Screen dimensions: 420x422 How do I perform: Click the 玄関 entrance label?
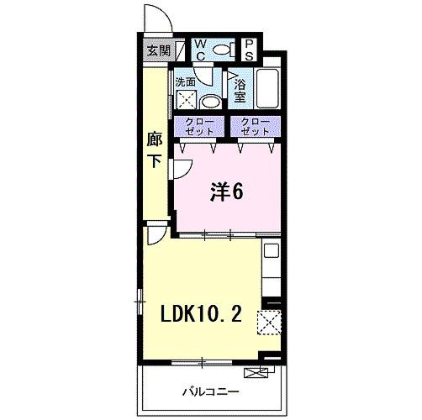click(157, 50)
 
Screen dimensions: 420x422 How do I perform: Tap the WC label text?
click(203, 49)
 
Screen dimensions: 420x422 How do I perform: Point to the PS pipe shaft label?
click(250, 50)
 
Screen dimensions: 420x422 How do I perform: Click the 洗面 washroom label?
click(185, 82)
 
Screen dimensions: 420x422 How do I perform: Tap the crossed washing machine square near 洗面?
click(185, 102)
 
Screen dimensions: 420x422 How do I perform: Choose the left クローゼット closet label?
click(199, 127)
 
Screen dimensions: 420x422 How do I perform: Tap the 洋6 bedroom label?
click(226, 192)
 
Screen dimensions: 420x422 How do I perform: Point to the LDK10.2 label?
click(203, 315)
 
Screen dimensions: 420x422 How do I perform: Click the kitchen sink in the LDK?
click(271, 249)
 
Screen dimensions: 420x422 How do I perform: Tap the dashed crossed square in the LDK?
click(270, 322)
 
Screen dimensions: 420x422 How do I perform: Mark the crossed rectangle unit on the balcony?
click(255, 372)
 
